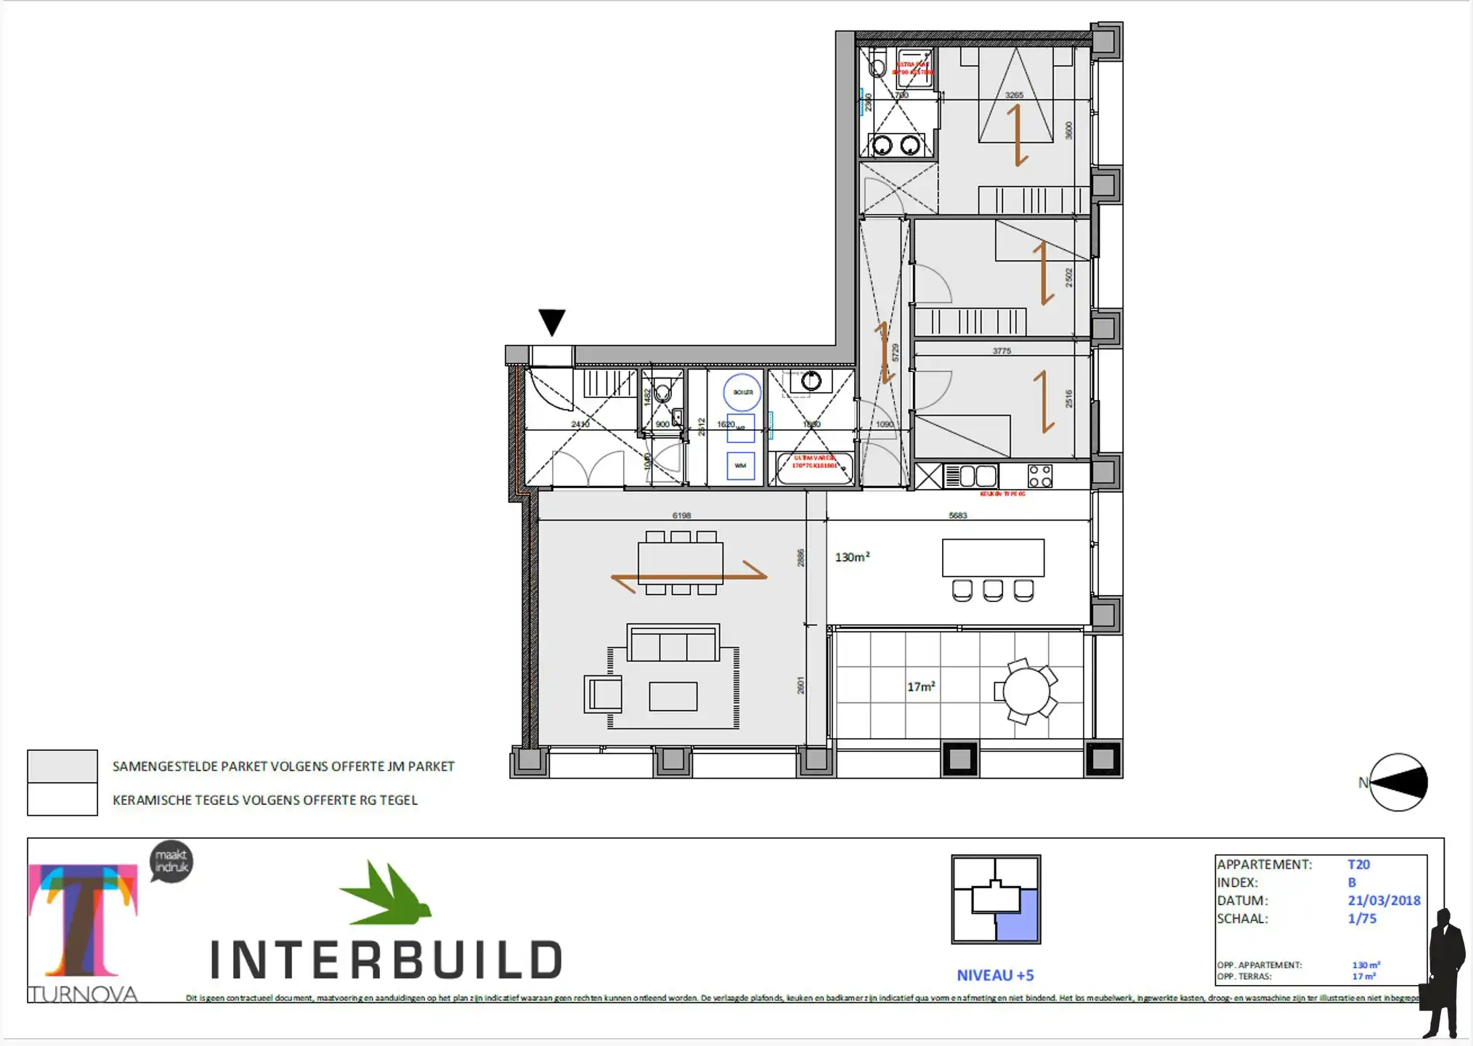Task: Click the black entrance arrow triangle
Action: click(x=552, y=321)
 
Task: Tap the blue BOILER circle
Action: click(x=742, y=392)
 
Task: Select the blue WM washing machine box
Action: click(x=741, y=466)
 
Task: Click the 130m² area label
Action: click(x=852, y=557)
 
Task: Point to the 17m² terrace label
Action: click(x=921, y=686)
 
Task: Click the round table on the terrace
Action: click(x=1026, y=691)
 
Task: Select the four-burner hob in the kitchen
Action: click(x=1040, y=477)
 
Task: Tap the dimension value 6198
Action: click(x=681, y=516)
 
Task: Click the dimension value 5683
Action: click(x=958, y=516)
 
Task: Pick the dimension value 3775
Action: click(x=1002, y=351)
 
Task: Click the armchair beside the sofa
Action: click(x=604, y=694)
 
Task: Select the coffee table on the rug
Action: click(x=673, y=697)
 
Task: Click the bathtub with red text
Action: click(x=813, y=469)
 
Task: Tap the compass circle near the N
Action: click(x=1398, y=782)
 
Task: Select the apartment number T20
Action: click(x=1358, y=864)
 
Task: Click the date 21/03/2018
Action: click(x=1384, y=901)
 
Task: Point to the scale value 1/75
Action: click(x=1362, y=919)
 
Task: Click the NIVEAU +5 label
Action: click(x=995, y=976)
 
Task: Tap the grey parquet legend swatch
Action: click(x=62, y=766)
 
